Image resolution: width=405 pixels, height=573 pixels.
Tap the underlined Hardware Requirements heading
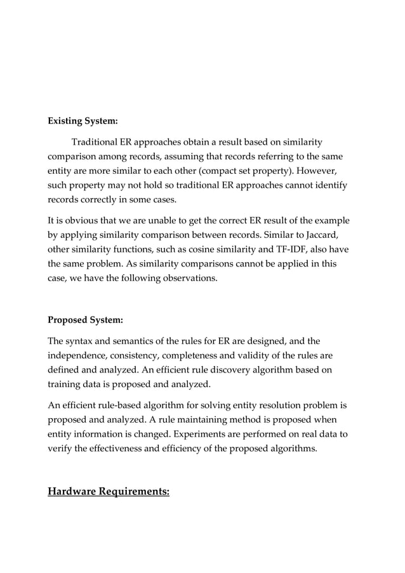109,491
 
